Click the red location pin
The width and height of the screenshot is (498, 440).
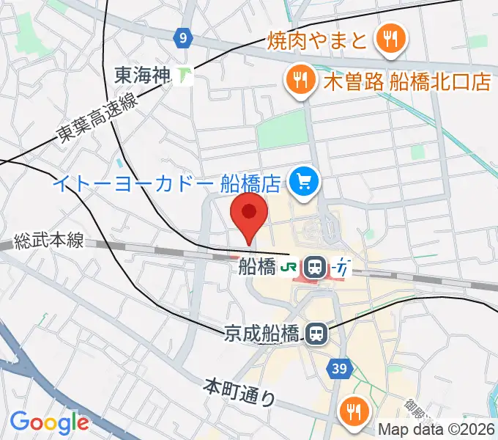point(248,216)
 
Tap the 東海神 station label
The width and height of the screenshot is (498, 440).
point(143,75)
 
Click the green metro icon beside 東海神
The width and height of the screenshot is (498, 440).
point(185,75)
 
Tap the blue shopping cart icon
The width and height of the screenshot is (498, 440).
point(302,180)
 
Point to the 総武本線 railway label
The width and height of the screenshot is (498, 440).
point(50,241)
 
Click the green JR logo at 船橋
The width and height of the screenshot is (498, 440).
point(289,268)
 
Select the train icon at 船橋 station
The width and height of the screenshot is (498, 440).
point(316,267)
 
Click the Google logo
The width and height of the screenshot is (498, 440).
point(50,422)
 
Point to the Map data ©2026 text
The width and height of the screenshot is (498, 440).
point(437,430)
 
